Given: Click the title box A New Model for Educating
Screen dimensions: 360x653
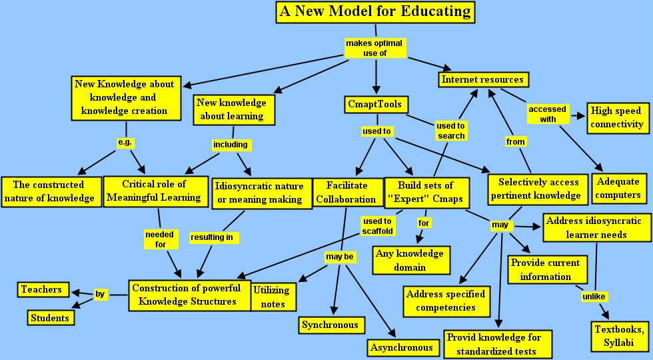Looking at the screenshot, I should [x=375, y=12].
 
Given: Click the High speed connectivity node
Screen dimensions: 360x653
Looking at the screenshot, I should [x=616, y=117].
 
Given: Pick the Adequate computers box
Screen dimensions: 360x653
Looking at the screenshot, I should [x=618, y=188].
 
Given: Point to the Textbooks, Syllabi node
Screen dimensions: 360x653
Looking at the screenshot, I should [x=619, y=337].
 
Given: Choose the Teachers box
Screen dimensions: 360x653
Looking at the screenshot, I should [x=41, y=289].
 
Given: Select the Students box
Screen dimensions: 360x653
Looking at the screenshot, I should [x=49, y=318].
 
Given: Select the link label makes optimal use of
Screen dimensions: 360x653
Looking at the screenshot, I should [x=375, y=48].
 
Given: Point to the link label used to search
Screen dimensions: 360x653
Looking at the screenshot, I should [x=451, y=131].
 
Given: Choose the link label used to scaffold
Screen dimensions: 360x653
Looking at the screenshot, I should [x=378, y=226].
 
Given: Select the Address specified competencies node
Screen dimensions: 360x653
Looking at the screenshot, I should [x=446, y=300].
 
